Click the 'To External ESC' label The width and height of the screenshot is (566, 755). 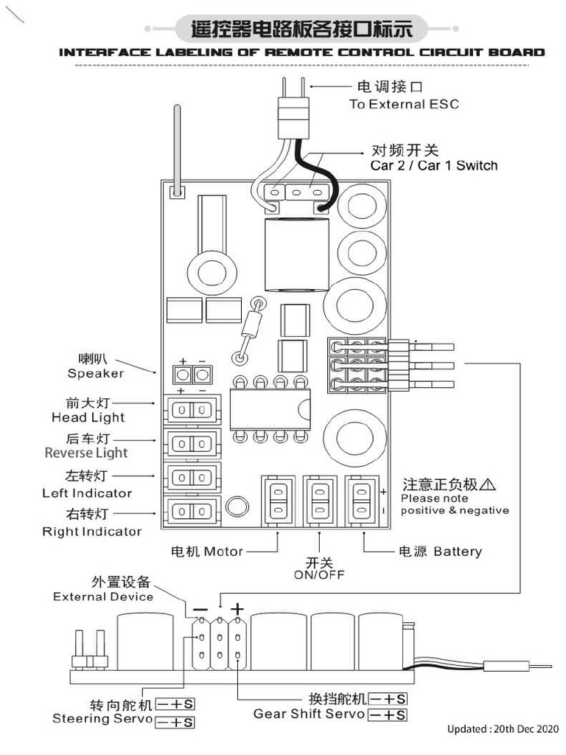coord(403,104)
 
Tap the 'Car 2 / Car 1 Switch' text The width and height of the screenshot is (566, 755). coord(433,165)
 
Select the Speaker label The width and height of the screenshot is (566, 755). coord(96,373)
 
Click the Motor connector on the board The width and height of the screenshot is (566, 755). coord(278,499)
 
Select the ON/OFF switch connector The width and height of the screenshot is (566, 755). coord(319,499)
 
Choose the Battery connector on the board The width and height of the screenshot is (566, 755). coord(361,499)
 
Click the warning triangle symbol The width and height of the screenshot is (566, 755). coord(487,484)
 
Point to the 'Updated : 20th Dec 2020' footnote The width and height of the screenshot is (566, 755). coord(503,728)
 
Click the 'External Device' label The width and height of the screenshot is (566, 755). coord(103,596)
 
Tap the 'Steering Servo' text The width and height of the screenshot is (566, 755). coord(102,718)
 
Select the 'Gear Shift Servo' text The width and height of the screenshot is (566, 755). coord(309,714)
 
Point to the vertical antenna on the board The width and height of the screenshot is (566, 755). coord(177,147)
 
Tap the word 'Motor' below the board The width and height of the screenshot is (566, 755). coord(223,552)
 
